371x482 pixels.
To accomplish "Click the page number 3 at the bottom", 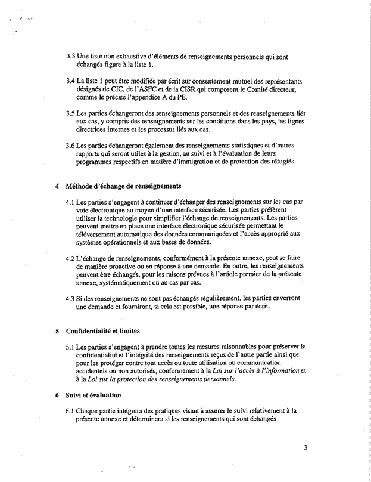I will [x=304, y=442].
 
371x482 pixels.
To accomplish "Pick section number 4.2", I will [x=71, y=258].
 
